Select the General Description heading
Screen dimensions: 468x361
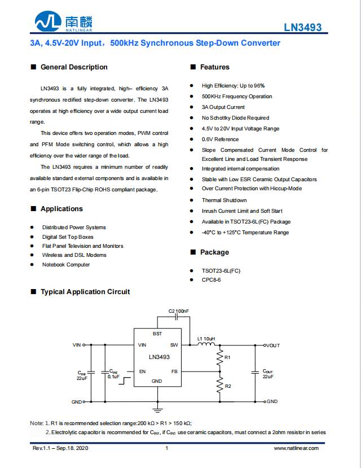[x=73, y=67]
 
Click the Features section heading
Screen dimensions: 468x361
[x=214, y=67]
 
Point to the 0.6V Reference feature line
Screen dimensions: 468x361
[x=220, y=139]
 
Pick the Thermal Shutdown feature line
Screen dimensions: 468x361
[x=224, y=200]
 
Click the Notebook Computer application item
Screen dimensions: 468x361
[x=65, y=265]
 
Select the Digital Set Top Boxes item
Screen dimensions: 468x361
[x=68, y=237]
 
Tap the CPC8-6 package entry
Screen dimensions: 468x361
[x=212, y=280]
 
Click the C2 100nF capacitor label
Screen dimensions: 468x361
[x=179, y=312]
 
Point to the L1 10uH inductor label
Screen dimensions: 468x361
[x=206, y=339]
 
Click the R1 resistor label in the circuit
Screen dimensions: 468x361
[x=227, y=358]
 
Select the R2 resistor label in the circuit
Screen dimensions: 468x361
[x=227, y=386]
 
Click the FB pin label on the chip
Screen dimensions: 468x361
[x=174, y=371]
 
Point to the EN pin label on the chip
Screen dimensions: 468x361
[x=142, y=371]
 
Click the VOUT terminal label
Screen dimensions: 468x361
[x=272, y=345]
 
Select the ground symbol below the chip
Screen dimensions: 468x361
[x=157, y=408]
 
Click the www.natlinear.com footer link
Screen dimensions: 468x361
[x=296, y=448]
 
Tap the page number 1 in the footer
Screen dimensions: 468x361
[x=166, y=448]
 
